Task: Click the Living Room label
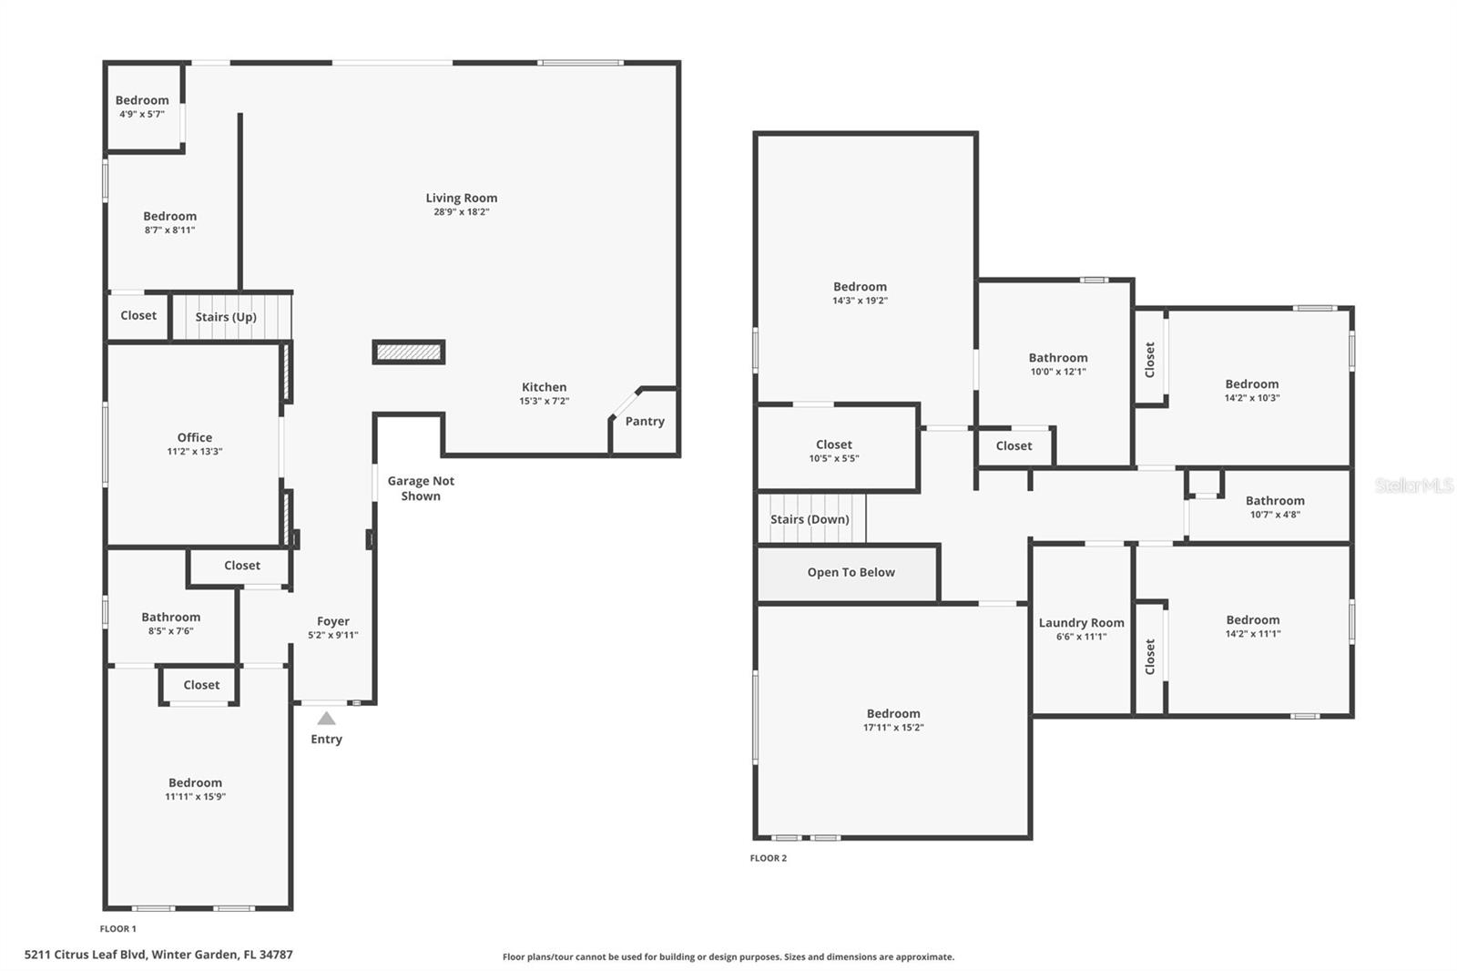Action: (461, 198)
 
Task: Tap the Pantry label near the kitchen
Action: (645, 421)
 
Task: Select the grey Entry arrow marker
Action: (326, 718)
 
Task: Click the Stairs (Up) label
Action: (226, 317)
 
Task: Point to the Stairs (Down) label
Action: (810, 519)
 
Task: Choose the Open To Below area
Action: (851, 572)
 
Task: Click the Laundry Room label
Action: (1081, 623)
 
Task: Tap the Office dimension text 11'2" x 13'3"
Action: (194, 451)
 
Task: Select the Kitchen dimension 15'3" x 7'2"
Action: (544, 401)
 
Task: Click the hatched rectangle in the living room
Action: (409, 352)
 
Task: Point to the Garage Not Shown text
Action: (421, 488)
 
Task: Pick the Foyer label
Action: (333, 621)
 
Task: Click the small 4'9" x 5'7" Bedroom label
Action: (142, 100)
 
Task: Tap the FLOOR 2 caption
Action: (768, 858)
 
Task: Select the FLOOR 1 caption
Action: (117, 929)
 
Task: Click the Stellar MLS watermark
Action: (1413, 485)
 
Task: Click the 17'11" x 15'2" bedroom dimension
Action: (892, 727)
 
